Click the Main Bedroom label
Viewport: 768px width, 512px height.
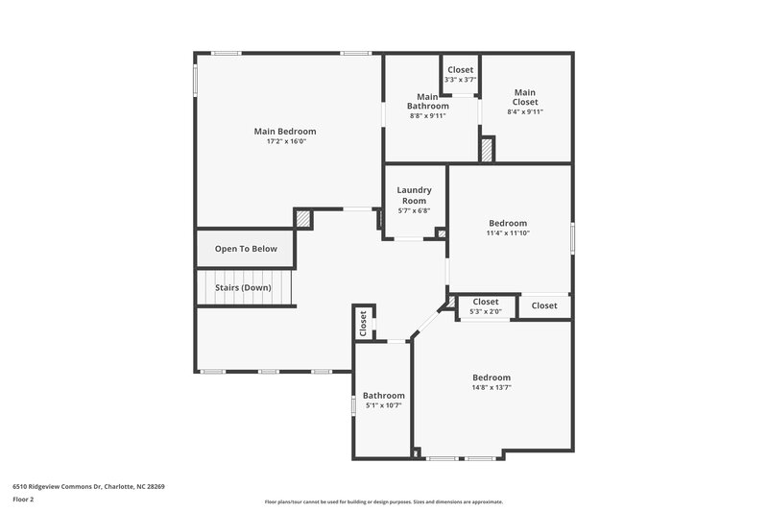tap(284, 132)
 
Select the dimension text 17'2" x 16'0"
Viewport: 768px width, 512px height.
tap(285, 142)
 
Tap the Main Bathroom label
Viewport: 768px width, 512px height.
tap(427, 101)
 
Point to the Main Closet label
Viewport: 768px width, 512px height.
tap(524, 97)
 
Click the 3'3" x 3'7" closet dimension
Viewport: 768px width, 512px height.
tap(460, 80)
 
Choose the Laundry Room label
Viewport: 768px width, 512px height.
tap(414, 195)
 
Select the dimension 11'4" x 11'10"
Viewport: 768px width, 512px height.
tap(509, 232)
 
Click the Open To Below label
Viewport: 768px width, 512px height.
tap(246, 249)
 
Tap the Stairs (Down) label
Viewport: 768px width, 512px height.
tap(242, 287)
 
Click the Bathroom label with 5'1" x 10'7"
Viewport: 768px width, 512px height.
tap(383, 395)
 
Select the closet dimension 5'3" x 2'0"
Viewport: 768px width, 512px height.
tap(485, 311)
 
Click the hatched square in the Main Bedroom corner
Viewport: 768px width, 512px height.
tap(303, 219)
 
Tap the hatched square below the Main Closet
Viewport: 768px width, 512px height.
tap(487, 150)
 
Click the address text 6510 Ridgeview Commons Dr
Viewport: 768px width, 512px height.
tap(88, 486)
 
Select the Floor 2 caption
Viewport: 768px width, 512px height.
tap(24, 500)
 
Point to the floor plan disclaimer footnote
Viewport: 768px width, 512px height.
tap(383, 501)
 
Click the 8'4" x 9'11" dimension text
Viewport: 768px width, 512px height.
tap(524, 111)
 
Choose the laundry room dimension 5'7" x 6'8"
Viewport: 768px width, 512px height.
tap(414, 210)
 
